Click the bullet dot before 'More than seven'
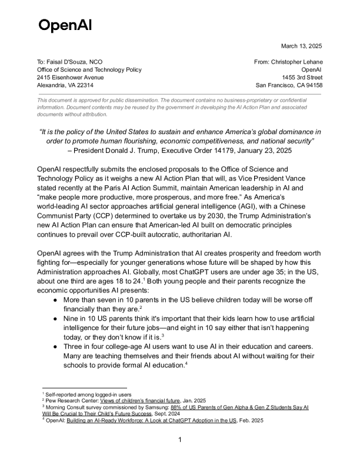[55, 300]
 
